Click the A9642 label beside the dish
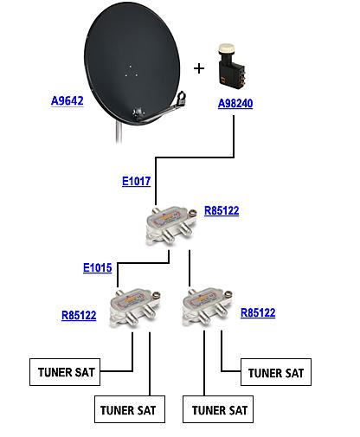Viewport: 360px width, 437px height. [x=67, y=100]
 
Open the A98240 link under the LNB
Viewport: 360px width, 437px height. [x=235, y=103]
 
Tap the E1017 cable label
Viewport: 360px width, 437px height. [x=136, y=181]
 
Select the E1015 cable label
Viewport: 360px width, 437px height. [x=98, y=267]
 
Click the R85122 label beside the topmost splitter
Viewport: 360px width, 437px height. [x=222, y=210]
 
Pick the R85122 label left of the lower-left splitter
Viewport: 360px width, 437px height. [x=79, y=315]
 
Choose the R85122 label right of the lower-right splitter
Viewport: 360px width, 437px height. [x=258, y=312]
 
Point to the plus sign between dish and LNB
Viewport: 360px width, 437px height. [x=199, y=68]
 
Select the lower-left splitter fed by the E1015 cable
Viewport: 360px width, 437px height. [x=134, y=308]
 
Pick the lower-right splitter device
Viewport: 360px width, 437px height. [x=207, y=307]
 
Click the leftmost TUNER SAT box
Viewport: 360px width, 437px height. [x=65, y=372]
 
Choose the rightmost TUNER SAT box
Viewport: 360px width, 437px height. [x=276, y=372]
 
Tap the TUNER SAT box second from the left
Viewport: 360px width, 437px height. [x=130, y=409]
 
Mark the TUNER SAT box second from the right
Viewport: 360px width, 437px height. [x=218, y=409]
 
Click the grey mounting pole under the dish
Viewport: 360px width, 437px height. [x=119, y=132]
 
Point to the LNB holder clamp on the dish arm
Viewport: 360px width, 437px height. [x=181, y=99]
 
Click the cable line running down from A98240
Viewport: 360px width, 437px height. [x=195, y=157]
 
